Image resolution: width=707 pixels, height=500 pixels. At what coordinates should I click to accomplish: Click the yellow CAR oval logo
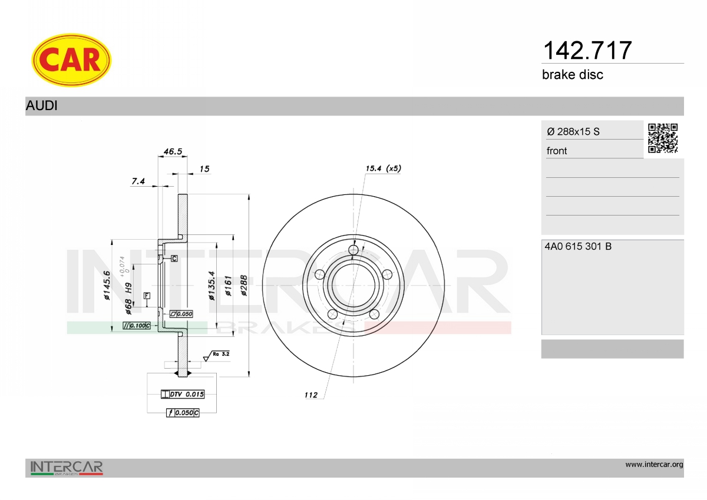(x=71, y=60)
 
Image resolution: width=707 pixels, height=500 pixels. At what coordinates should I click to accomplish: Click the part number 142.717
(x=587, y=51)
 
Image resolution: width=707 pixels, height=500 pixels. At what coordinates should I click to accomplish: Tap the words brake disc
(x=573, y=75)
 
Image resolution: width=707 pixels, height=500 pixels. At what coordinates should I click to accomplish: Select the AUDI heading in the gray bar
(x=42, y=105)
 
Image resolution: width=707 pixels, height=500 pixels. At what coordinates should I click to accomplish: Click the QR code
(x=663, y=138)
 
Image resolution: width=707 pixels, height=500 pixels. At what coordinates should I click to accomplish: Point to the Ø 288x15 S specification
(x=573, y=131)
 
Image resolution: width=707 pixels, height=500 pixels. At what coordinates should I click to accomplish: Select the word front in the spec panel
(x=557, y=151)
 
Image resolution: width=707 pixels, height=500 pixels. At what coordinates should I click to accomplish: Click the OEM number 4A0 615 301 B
(x=578, y=246)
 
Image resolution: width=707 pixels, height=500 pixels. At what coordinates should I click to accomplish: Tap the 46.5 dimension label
(x=173, y=151)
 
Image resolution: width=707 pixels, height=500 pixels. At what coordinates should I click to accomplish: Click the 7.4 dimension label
(x=138, y=181)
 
